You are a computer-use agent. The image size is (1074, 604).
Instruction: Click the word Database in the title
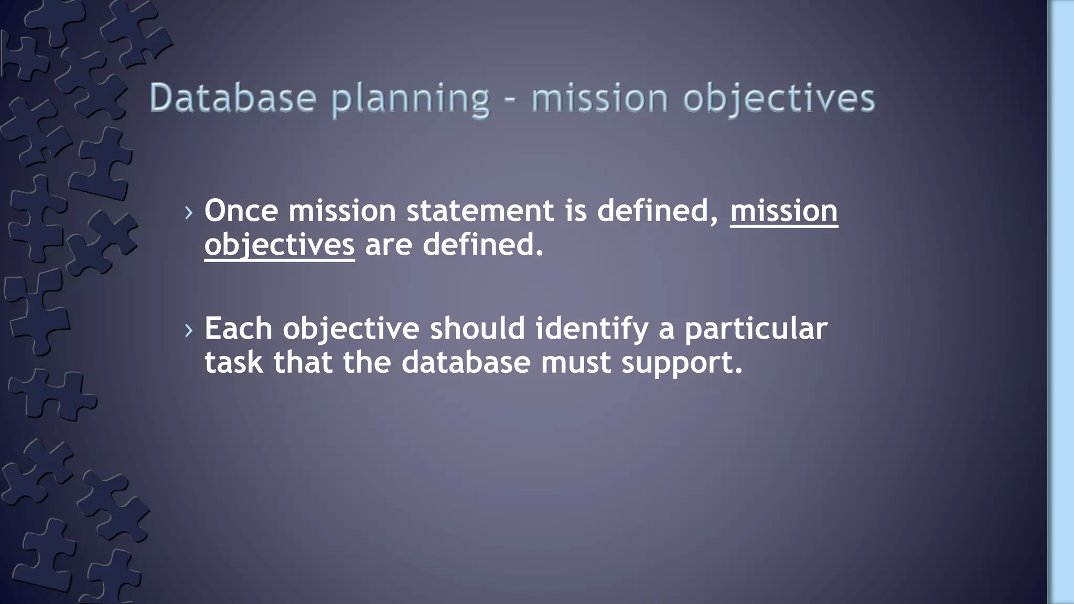point(233,98)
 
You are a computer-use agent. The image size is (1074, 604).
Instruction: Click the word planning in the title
point(411,100)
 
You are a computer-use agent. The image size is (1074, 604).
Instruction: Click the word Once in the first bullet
point(241,211)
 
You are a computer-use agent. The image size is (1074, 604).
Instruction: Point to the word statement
point(480,211)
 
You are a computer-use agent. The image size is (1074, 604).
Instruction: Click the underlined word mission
point(783,211)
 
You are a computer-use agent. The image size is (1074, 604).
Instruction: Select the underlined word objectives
point(280,245)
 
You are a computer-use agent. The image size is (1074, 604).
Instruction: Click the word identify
point(592,330)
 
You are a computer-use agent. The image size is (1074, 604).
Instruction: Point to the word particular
point(756,330)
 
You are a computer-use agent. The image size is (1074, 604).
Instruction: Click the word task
point(233,362)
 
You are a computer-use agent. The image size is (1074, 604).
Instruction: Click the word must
point(576,362)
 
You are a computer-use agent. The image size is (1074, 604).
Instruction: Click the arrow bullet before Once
point(189,212)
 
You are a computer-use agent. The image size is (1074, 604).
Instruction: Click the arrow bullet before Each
point(189,330)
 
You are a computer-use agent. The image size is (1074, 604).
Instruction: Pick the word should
point(477,329)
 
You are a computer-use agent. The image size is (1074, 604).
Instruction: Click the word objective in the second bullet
point(351,330)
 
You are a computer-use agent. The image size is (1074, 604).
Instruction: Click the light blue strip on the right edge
point(1061,302)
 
